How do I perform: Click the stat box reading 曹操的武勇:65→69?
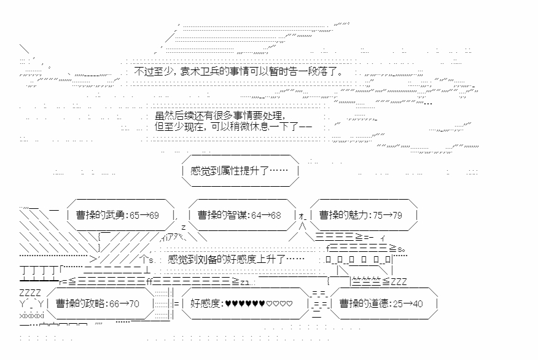click(x=118, y=215)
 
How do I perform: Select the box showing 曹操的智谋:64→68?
click(x=240, y=215)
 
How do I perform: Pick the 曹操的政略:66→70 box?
click(x=98, y=303)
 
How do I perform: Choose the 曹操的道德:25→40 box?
click(x=381, y=303)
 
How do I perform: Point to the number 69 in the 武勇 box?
click(x=153, y=215)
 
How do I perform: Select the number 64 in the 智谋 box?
click(x=258, y=215)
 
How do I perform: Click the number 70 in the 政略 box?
click(x=133, y=303)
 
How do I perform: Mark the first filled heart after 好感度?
click(x=228, y=303)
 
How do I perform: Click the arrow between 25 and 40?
click(x=403, y=303)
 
